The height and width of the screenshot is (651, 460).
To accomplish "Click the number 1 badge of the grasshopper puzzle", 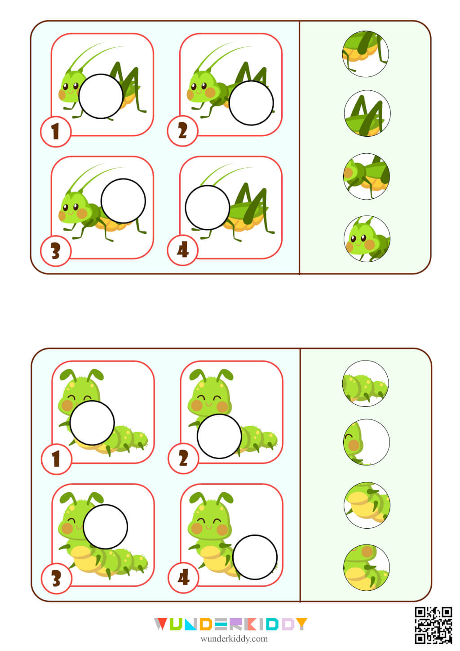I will coord(56,132).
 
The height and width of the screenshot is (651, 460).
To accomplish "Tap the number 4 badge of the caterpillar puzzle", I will coord(183,578).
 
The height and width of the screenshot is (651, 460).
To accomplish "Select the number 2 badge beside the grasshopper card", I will coord(182,131).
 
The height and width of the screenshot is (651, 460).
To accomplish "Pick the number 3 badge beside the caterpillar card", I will coord(56,579).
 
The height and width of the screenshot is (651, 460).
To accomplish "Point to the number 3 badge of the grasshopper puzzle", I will coord(56,251).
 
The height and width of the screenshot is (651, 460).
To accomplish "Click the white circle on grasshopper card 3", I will coord(123,201).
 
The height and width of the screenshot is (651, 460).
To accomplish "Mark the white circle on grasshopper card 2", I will coord(251,103).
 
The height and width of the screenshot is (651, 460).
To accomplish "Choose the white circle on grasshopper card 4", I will coord(208,208).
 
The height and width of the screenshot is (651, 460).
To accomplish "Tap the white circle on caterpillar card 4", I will coord(255,557).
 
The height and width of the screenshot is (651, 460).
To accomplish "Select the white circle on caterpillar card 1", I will coord(92,423).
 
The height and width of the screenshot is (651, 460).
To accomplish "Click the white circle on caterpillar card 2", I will coord(219,436).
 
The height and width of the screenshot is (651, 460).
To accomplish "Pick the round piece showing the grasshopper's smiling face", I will coord(367,239).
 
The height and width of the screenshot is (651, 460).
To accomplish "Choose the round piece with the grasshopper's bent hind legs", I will coord(367,113).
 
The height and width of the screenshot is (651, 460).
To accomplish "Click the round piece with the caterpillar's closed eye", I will coord(366,442).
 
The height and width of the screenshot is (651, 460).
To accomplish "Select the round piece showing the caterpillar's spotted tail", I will coord(365,383).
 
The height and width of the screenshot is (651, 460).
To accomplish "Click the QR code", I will coord(433,625).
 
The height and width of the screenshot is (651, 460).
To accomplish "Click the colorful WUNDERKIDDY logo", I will coord(230,624).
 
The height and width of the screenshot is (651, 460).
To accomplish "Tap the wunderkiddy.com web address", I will coord(234,639).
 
